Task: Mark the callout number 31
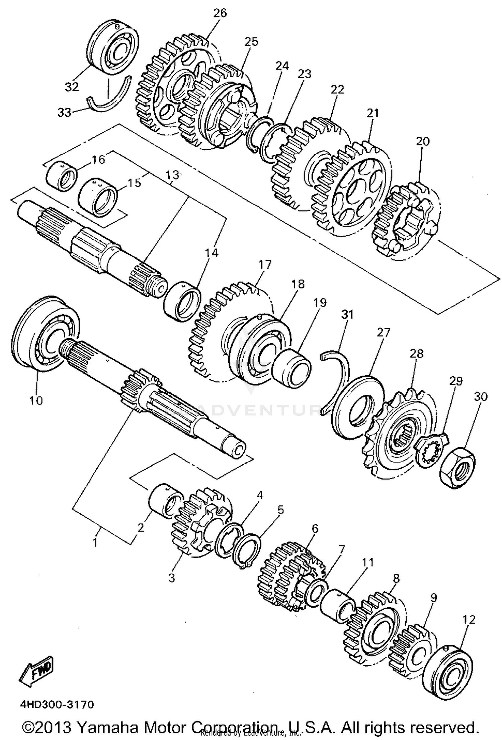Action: point(347,315)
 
